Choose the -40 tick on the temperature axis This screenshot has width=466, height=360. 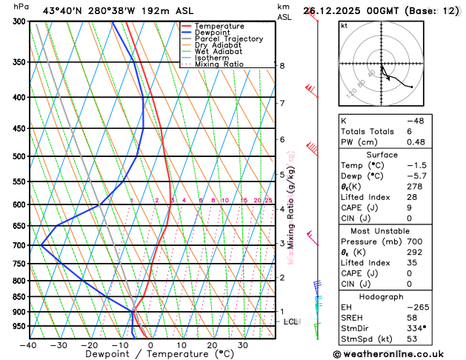(x=29, y=345)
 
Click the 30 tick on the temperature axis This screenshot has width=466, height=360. (x=243, y=345)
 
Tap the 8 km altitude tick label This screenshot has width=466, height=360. (x=282, y=66)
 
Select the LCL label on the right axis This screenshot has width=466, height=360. (x=290, y=321)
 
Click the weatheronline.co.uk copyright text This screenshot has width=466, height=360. (x=399, y=353)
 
